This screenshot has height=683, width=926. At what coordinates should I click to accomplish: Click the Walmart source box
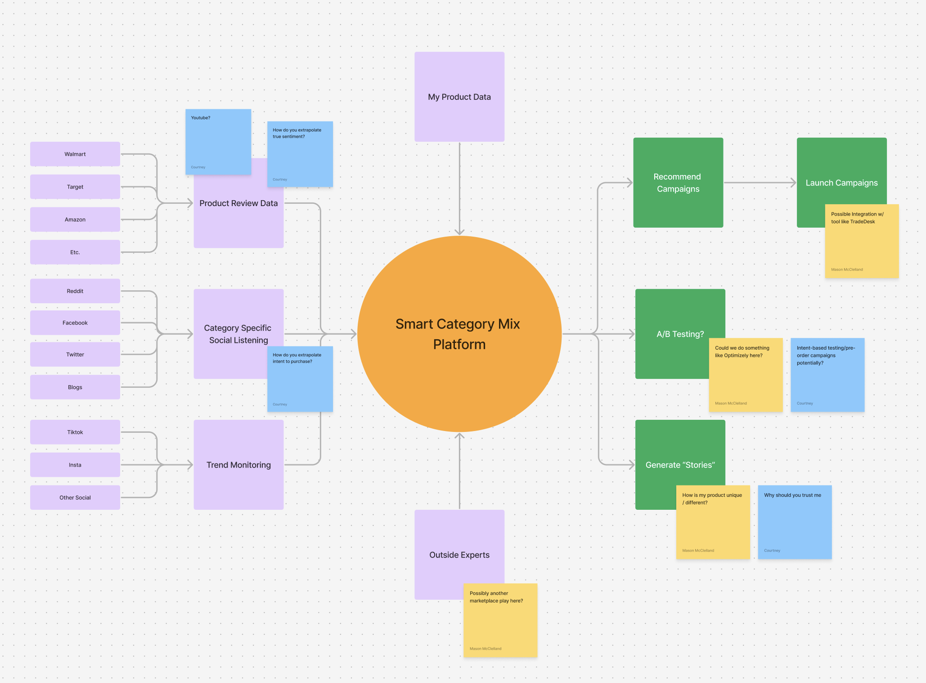pyautogui.click(x=75, y=154)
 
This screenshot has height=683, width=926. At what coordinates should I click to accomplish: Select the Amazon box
pyautogui.click(x=75, y=220)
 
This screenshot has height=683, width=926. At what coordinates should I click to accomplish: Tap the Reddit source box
pyautogui.click(x=75, y=291)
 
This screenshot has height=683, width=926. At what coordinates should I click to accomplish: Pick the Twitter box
pyautogui.click(x=75, y=355)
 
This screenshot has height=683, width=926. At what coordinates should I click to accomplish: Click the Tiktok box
pyautogui.click(x=75, y=432)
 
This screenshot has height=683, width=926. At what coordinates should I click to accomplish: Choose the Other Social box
pyautogui.click(x=75, y=497)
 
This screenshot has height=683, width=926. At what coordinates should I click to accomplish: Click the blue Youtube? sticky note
pyautogui.click(x=218, y=142)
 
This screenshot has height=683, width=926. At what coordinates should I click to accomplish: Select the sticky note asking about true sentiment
pyautogui.click(x=300, y=154)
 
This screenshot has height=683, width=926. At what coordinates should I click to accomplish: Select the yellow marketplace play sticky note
pyautogui.click(x=500, y=620)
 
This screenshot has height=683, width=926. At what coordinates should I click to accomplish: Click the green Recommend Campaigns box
pyautogui.click(x=678, y=183)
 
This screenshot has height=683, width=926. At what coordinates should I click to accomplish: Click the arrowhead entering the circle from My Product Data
pyautogui.click(x=459, y=231)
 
